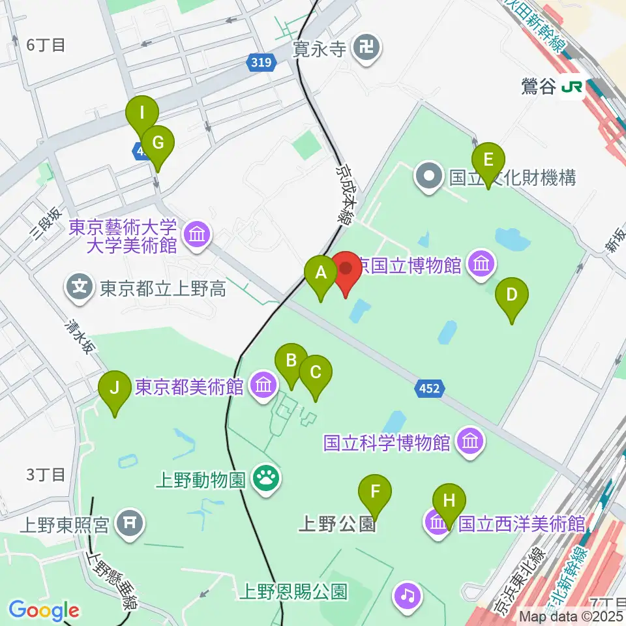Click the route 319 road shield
tap(262, 63)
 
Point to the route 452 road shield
tap(429, 389)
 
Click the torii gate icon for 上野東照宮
tap(128, 524)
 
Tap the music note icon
tap(408, 595)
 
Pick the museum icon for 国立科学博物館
tap(469, 442)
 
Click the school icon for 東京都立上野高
tap(80, 288)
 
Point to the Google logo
tap(44, 610)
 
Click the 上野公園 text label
tap(338, 524)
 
